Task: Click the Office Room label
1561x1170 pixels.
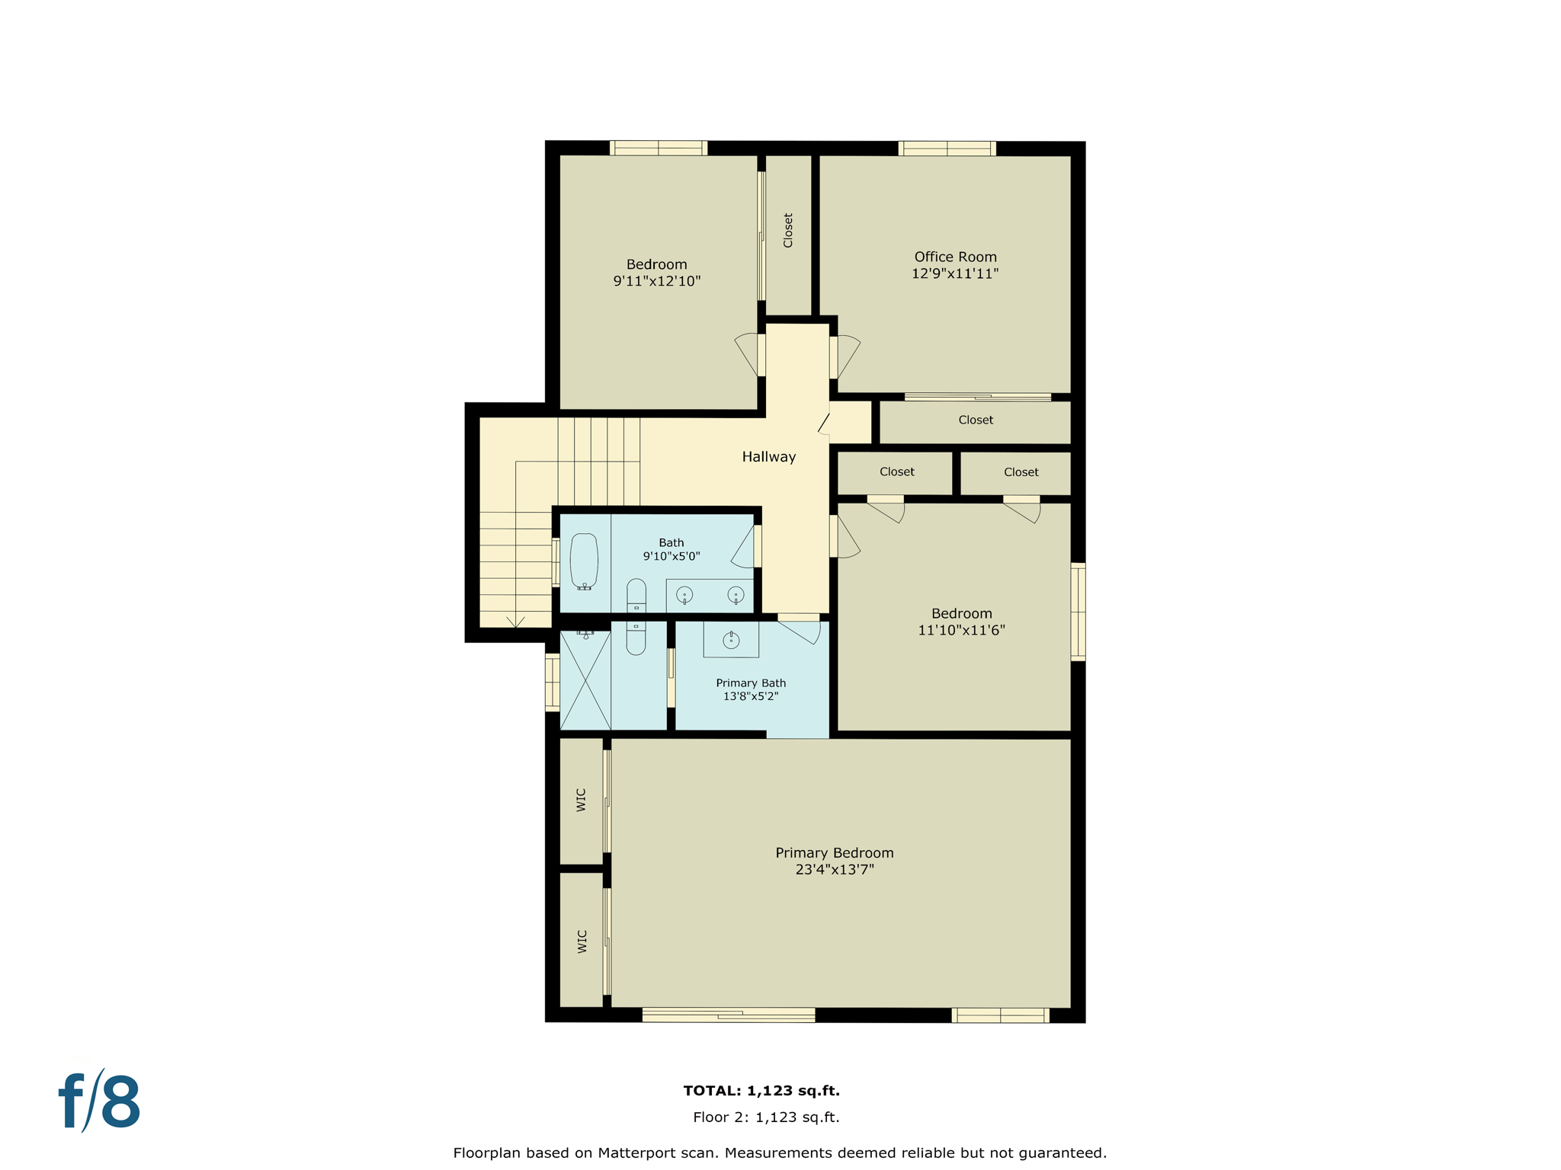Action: tap(955, 257)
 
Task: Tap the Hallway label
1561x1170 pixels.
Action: tap(768, 457)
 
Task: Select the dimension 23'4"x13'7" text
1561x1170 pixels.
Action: tap(835, 869)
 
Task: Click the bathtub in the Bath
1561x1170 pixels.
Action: tap(584, 561)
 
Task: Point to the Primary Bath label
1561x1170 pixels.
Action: tap(751, 683)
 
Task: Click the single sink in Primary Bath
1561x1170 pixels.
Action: tap(731, 640)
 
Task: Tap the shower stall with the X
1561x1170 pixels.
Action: tap(585, 680)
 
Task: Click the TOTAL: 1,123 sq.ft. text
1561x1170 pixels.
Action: tap(761, 1091)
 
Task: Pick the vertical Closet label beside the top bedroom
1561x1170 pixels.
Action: tap(788, 230)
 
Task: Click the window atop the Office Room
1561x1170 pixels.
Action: tap(947, 149)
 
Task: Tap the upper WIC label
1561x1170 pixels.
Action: tap(582, 800)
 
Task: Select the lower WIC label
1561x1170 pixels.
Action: tap(582, 941)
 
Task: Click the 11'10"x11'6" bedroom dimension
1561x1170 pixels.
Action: tap(961, 630)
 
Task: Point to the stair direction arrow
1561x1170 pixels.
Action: tap(516, 622)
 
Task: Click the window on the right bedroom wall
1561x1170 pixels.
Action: tap(1078, 611)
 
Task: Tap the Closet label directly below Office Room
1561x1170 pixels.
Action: tap(976, 420)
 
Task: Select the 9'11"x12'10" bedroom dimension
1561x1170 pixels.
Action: tap(657, 281)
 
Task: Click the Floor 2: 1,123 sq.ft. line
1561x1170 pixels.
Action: tap(766, 1117)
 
